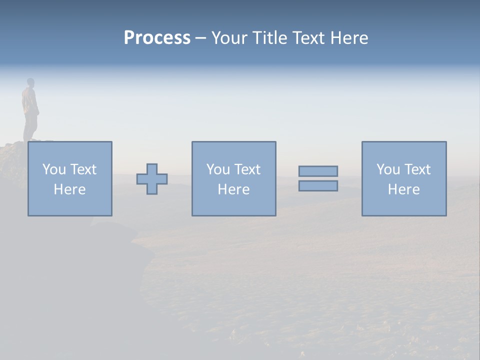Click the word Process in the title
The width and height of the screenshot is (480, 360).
coord(157,38)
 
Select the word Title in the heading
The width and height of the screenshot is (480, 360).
coord(270,38)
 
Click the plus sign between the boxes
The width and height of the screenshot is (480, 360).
coord(152,179)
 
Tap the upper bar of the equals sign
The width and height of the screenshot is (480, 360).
coord(318,171)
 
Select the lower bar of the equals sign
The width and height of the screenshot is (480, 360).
coord(318,186)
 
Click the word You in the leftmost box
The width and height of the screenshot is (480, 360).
coord(53,169)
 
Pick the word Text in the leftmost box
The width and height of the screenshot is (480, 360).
coord(82,169)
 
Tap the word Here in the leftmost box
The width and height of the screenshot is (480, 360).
coord(69,189)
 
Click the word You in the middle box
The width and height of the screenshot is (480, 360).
coord(217,169)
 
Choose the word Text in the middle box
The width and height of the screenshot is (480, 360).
coord(246,169)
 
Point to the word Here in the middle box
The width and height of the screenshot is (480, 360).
coord(233,189)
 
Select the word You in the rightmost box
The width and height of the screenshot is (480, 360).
coord(387,169)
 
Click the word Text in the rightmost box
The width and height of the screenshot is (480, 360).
coord(416,169)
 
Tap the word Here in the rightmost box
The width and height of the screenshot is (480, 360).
coord(403,189)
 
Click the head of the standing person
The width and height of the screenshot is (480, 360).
coord(30,82)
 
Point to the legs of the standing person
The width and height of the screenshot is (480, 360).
coord(30,127)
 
